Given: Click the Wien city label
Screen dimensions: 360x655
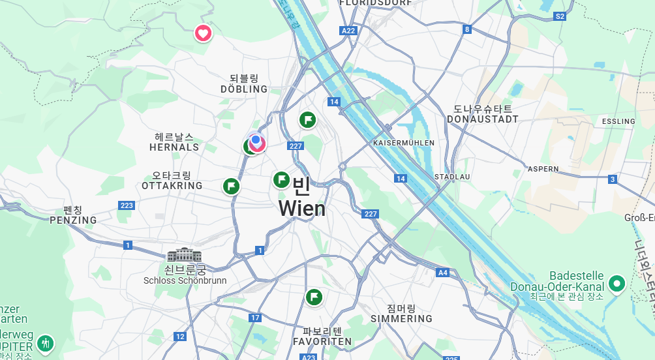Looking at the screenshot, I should point(301,208).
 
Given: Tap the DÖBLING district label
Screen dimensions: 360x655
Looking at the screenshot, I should point(244,89).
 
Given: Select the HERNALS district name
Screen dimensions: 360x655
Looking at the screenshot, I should point(174,147).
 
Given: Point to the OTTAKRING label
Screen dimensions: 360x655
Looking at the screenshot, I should point(172,185).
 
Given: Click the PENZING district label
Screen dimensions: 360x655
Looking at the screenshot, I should point(73,220).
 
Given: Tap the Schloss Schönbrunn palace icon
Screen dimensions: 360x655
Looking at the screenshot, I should point(185,255).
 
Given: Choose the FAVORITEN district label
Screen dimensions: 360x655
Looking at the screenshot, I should point(322,341).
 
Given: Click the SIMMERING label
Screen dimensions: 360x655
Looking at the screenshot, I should point(401,318).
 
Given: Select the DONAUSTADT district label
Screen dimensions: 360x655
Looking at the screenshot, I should point(483,119).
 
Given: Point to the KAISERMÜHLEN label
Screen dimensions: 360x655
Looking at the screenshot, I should point(404,142).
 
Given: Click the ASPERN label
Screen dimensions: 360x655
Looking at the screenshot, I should point(543,169).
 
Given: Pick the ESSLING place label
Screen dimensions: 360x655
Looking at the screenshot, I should point(618,121).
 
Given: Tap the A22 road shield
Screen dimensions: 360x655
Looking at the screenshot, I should point(349,31).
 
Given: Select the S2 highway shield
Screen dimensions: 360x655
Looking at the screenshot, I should point(559,16).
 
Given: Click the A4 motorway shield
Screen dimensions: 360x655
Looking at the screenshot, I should point(443,273).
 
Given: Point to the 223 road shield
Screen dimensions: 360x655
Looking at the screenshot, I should point(127,205).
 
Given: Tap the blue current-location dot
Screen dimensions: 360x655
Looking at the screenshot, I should point(256,140).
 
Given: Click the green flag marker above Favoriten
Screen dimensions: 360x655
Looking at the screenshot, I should point(314,297).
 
